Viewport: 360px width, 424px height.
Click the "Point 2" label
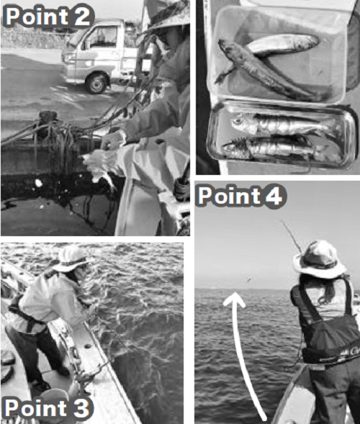(x=48, y=17)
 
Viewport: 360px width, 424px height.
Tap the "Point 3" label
(x=47, y=407)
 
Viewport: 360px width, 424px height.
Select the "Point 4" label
(x=241, y=196)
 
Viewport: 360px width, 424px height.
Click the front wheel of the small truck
(x=96, y=83)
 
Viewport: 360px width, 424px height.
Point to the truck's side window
(x=102, y=38)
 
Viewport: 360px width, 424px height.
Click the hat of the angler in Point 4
(x=319, y=259)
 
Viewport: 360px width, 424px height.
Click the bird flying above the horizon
(x=248, y=280)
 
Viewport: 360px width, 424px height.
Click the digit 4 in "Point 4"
(x=274, y=195)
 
